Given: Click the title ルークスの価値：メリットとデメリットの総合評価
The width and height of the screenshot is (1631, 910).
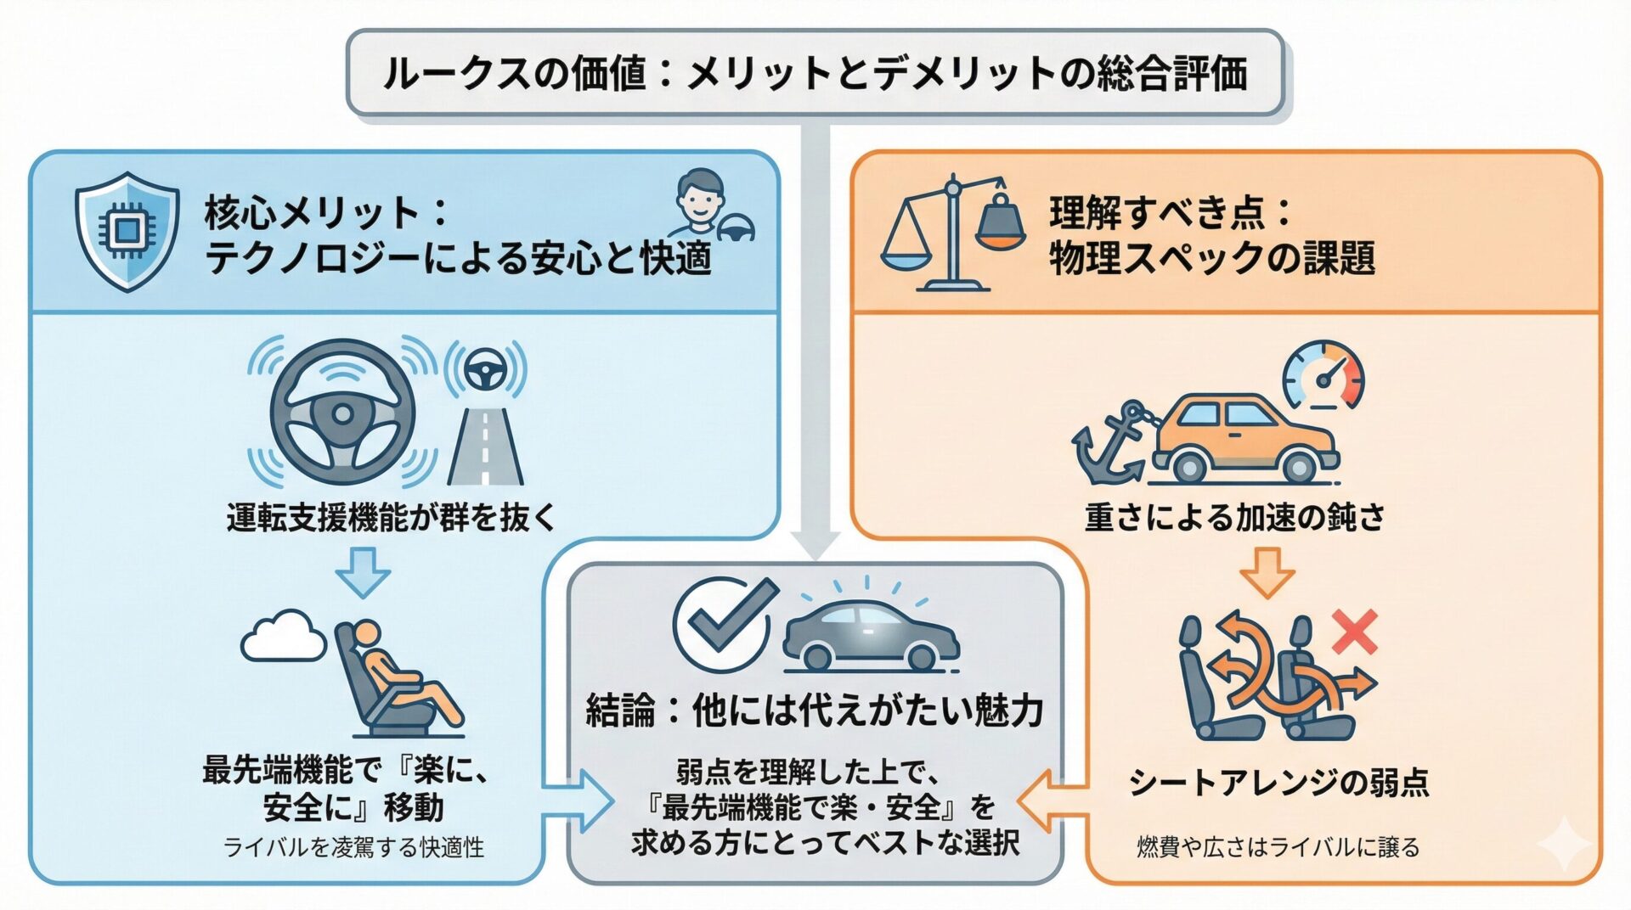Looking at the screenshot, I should tap(815, 73).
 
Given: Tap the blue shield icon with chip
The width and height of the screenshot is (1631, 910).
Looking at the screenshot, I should tap(127, 231).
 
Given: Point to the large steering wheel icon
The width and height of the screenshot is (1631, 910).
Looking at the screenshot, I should tap(342, 414).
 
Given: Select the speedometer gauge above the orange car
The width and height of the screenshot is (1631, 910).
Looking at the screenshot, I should tap(1323, 376).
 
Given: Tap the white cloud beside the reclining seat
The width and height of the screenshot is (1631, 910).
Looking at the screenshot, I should tap(283, 637).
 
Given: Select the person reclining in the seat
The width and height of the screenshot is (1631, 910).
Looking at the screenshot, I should tap(399, 679).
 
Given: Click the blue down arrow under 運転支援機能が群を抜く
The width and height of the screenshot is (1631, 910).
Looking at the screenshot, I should tap(363, 572).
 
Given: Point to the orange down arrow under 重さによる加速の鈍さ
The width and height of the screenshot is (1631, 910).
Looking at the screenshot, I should tap(1267, 572).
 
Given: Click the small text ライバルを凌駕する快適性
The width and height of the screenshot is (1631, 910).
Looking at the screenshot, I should tap(353, 846).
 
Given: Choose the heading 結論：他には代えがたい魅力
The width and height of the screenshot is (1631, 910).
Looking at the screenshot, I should tap(815, 711).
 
